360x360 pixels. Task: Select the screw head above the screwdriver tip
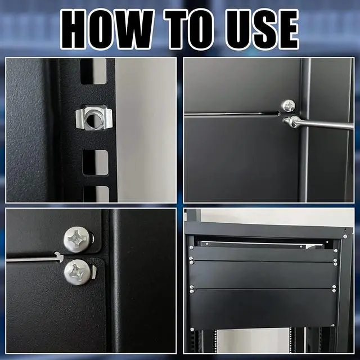tap(288, 105)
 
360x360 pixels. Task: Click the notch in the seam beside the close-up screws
tap(58, 256)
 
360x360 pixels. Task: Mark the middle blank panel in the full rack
tap(263, 273)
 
